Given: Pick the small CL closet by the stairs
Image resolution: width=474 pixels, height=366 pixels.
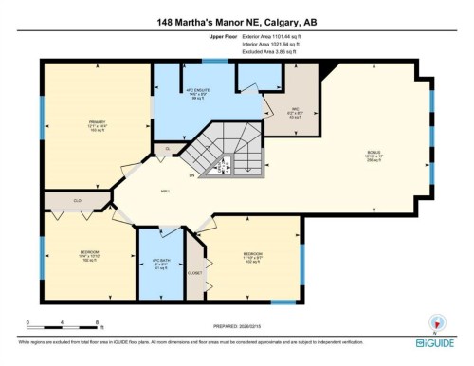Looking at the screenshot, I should (167, 149).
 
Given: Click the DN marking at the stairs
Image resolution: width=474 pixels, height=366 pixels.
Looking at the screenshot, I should (191, 176).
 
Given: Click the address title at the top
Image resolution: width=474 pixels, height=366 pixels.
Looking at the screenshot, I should (236, 21).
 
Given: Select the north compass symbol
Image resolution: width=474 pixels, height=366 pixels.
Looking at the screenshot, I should (437, 321).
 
